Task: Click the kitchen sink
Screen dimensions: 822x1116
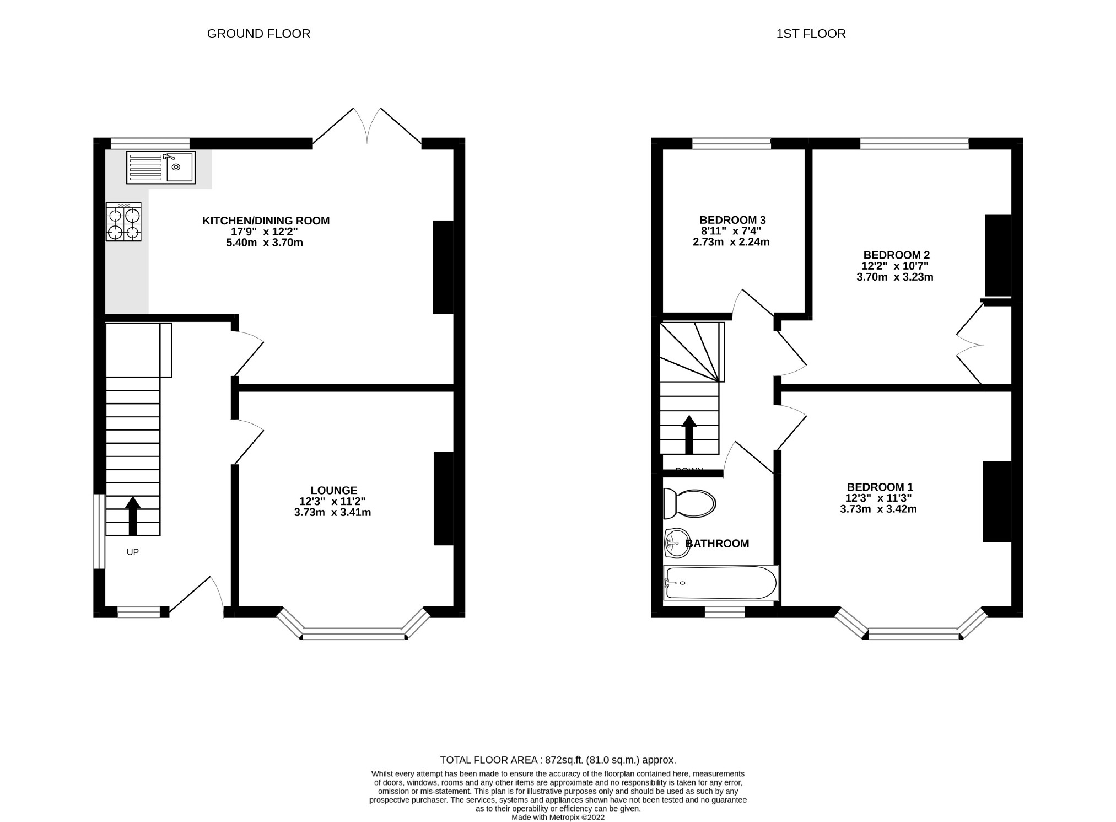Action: point(160,167)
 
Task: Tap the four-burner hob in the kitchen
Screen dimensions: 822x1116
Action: point(123,222)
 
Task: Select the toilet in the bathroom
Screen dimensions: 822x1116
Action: point(689,503)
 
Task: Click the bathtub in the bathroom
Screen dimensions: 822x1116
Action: point(721,583)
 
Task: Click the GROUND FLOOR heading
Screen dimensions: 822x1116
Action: point(258,34)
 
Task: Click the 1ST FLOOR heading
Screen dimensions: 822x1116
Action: point(811,34)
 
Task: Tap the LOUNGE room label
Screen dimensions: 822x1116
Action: point(334,490)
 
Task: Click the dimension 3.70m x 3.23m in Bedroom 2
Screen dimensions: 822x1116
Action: point(895,277)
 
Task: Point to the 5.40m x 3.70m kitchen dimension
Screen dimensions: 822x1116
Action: point(265,243)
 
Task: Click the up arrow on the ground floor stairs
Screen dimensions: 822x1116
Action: point(132,515)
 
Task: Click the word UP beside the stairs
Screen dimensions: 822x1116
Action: point(133,552)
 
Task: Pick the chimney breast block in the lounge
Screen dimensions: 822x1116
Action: point(443,498)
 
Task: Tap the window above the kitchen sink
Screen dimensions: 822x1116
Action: point(150,144)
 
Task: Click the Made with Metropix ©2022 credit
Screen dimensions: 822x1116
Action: point(558,818)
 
